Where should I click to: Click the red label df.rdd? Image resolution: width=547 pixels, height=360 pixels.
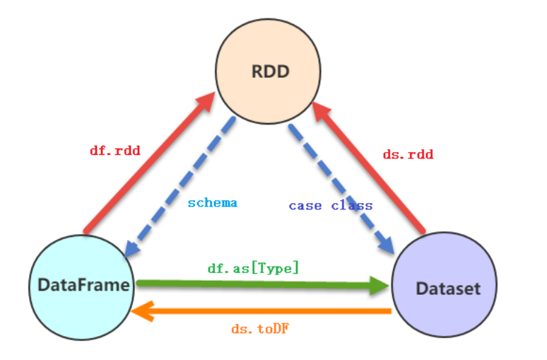pyautogui.click(x=114, y=151)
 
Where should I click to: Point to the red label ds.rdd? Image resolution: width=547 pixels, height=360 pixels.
pyautogui.click(x=408, y=154)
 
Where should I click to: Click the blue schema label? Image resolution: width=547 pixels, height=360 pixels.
pyautogui.click(x=212, y=203)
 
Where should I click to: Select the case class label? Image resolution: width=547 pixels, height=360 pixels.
pyautogui.click(x=330, y=206)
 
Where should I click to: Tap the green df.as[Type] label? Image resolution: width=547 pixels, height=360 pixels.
pyautogui.click(x=253, y=268)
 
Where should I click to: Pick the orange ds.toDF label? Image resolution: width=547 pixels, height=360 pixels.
pyautogui.click(x=261, y=329)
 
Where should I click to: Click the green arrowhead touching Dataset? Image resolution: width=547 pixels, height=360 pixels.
pyautogui.click(x=380, y=286)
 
